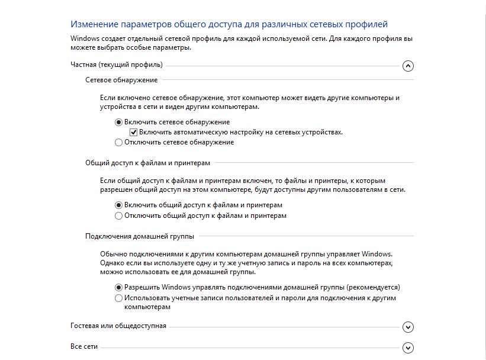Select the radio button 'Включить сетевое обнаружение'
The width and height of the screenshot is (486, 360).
tap(118, 122)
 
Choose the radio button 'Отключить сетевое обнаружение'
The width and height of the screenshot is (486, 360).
tap(118, 142)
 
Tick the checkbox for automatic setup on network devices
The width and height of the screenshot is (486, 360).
tap(134, 132)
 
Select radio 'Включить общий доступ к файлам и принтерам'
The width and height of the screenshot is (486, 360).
tap(118, 205)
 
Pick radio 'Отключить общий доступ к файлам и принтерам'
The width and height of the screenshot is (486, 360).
tap(118, 216)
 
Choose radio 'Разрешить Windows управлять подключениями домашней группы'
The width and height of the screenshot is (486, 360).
tap(118, 287)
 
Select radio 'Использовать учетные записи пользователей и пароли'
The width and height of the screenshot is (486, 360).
tap(118, 298)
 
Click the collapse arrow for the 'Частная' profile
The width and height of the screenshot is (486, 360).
tap(407, 66)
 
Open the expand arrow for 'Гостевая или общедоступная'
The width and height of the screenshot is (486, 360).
tap(407, 327)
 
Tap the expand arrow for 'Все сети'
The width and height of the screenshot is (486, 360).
tap(407, 348)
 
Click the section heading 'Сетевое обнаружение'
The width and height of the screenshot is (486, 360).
tap(121, 79)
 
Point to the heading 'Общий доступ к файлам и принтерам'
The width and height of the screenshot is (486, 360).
tap(147, 162)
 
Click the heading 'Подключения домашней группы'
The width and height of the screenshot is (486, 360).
tap(140, 236)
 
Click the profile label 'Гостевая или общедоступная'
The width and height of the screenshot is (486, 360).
tap(118, 326)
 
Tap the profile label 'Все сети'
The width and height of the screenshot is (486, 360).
tap(83, 346)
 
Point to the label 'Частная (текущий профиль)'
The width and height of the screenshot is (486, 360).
tap(117, 65)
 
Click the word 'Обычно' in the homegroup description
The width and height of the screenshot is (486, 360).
tap(112, 253)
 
